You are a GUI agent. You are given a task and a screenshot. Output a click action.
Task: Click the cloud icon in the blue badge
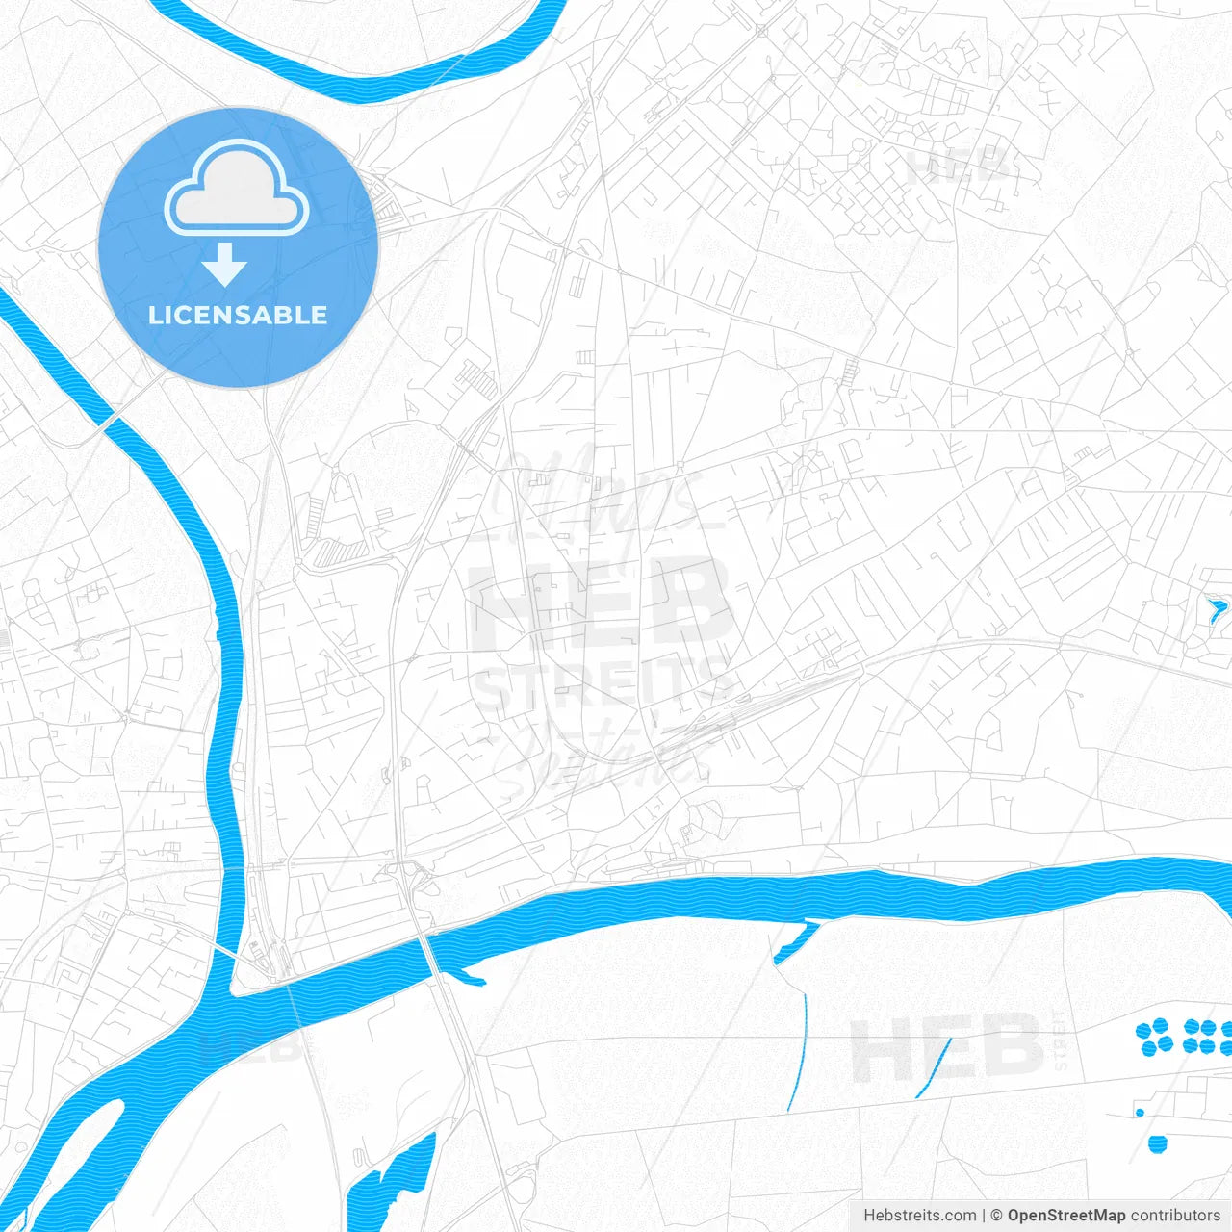pyautogui.click(x=237, y=191)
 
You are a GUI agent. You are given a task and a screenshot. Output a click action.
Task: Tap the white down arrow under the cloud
pyautogui.click(x=224, y=265)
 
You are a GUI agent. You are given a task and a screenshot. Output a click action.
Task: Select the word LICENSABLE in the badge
pyautogui.click(x=238, y=316)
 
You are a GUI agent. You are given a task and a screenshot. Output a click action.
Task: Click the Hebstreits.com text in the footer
pyautogui.click(x=919, y=1216)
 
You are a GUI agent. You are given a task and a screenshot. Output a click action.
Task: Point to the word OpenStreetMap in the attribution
pyautogui.click(x=1065, y=1216)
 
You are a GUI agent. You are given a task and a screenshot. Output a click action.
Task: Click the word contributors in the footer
pyautogui.click(x=1174, y=1216)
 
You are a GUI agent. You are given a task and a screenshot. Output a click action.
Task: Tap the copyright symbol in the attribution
pyautogui.click(x=996, y=1216)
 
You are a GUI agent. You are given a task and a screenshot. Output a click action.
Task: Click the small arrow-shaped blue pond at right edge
pyautogui.click(x=1217, y=609)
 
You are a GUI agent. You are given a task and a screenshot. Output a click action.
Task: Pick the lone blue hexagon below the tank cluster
pyautogui.click(x=1157, y=1143)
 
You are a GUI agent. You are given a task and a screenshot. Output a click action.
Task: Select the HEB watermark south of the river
pyautogui.click(x=948, y=1047)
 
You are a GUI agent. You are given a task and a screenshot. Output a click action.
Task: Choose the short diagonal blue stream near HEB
pyautogui.click(x=934, y=1068)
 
